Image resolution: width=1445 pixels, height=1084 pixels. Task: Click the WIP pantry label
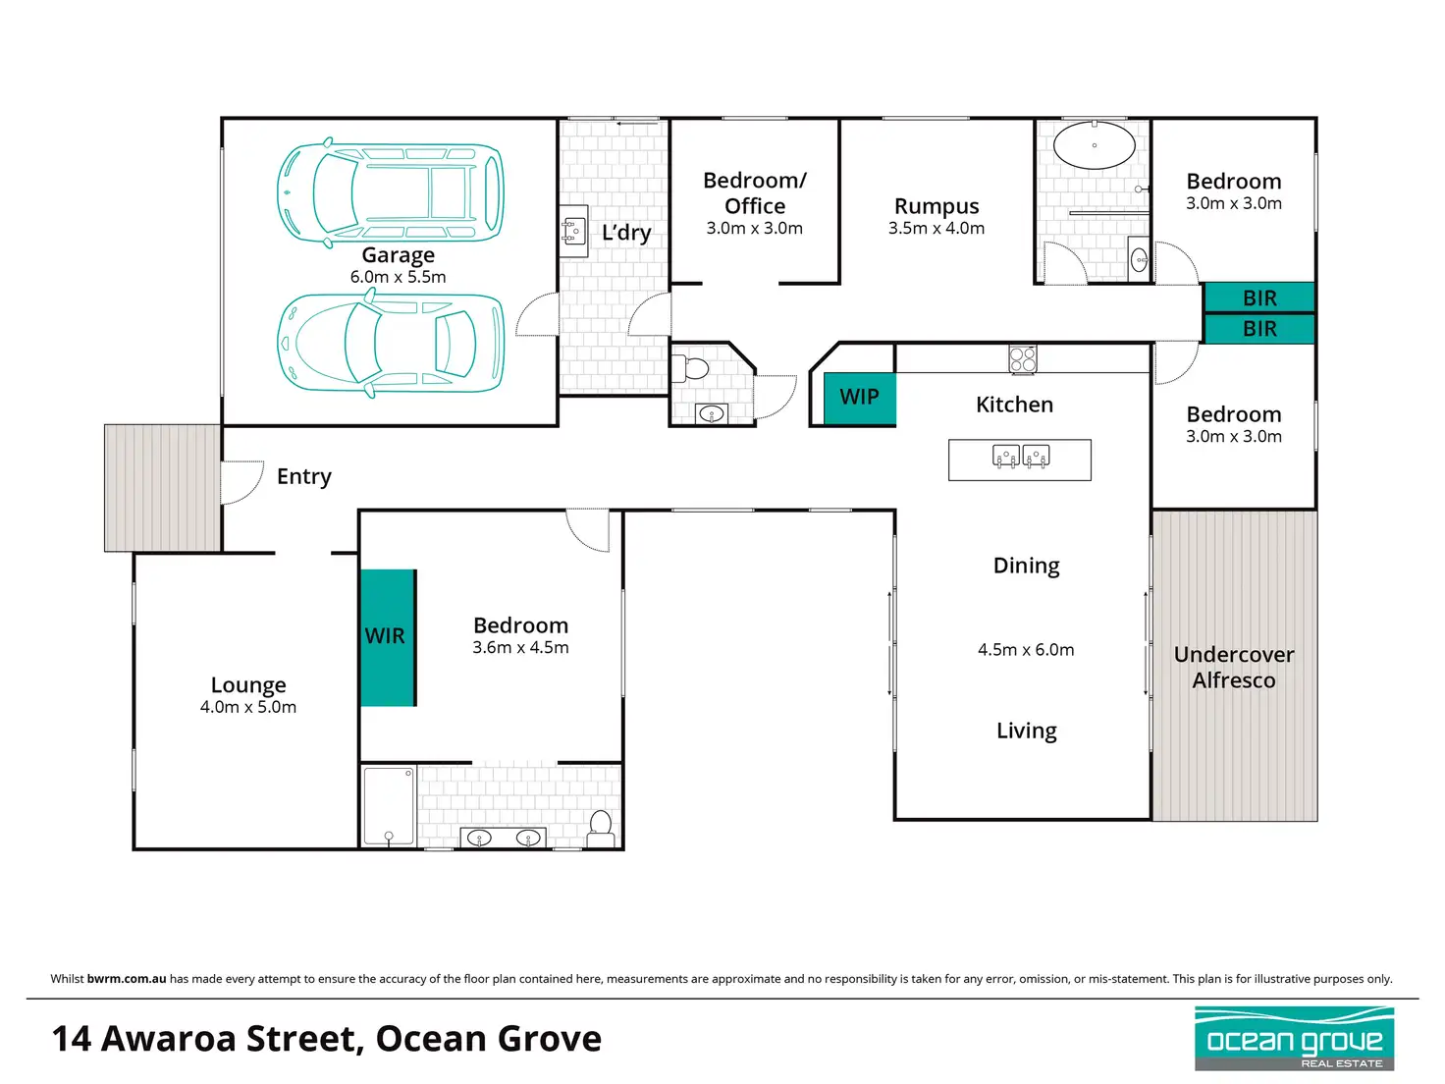pos(858,397)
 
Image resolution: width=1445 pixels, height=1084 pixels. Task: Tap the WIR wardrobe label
pos(385,636)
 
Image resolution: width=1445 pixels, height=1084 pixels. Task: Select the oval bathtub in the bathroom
pos(1094,144)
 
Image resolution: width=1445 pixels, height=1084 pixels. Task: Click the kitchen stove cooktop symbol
pos(1022,359)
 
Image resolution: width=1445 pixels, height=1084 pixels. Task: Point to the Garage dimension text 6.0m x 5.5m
pos(398,277)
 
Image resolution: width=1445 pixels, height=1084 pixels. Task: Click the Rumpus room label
pos(937,206)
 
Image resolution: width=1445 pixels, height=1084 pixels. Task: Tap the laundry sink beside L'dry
pos(573,231)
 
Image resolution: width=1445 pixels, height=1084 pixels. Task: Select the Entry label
pos(303,476)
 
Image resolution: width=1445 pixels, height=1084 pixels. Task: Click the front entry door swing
pos(241,482)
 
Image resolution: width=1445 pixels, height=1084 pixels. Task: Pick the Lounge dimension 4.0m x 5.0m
pos(248,707)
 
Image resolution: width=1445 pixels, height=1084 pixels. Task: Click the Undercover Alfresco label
pos(1233,667)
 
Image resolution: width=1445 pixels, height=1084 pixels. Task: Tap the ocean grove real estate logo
pos(1294,1038)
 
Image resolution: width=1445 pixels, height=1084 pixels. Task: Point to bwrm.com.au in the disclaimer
pos(127,979)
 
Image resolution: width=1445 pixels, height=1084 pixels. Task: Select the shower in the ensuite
pos(389,805)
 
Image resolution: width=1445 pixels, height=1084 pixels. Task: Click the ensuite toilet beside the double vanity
pos(600,829)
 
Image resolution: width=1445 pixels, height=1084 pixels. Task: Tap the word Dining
pos(1026,566)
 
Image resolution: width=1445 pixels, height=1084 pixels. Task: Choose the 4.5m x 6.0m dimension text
pos(1026,650)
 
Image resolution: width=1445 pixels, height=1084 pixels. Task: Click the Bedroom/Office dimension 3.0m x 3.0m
pos(755,228)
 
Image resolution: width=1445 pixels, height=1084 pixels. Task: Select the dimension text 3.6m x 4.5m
pos(520,647)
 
